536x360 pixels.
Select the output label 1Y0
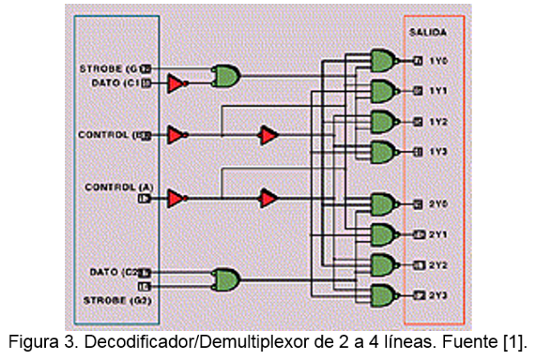tap(438, 60)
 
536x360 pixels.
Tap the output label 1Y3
tap(438, 151)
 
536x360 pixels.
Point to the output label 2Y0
tap(438, 203)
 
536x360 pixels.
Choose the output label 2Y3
tap(438, 295)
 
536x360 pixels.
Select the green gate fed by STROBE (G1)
tap(226, 76)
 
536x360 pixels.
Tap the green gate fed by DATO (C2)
tap(226, 279)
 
